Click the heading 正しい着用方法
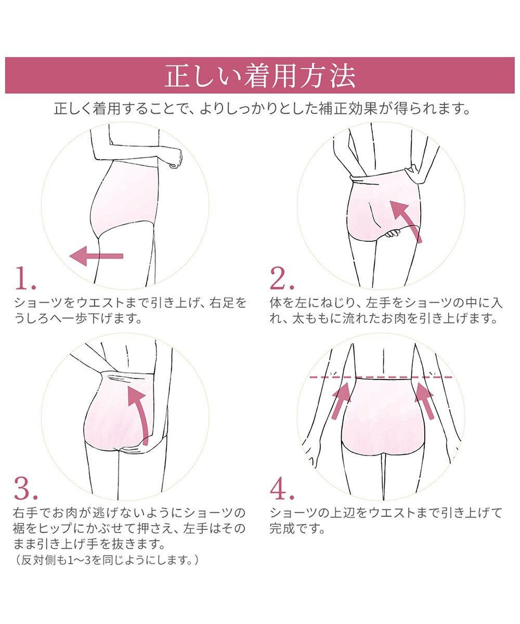click(x=260, y=76)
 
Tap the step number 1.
click(x=24, y=279)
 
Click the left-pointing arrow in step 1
click(x=96, y=256)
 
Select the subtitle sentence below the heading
click(x=260, y=109)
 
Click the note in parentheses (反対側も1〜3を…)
click(x=106, y=560)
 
